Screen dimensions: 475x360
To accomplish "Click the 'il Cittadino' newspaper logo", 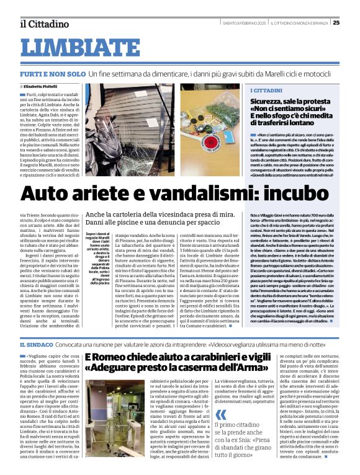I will [x=43, y=24].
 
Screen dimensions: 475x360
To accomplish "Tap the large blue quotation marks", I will [x=222, y=398].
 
